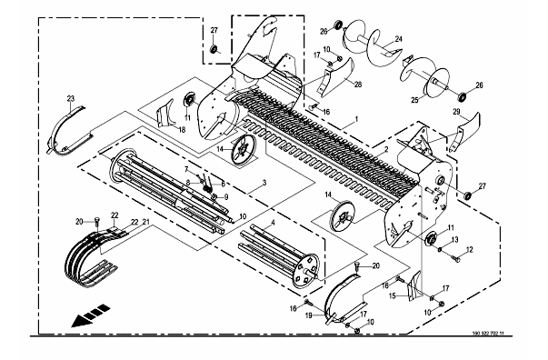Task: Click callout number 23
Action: coord(71,99)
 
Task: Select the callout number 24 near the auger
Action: coord(399,39)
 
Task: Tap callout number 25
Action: coord(414,100)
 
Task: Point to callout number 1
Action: coord(356,119)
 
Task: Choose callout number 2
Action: coord(386,150)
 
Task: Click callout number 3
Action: coord(264,183)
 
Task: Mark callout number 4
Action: coord(273,223)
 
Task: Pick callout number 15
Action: coord(392,296)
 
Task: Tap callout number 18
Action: coord(182,130)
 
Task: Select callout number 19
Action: coord(309,315)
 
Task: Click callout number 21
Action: coord(145,221)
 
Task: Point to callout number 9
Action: coord(226,196)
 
